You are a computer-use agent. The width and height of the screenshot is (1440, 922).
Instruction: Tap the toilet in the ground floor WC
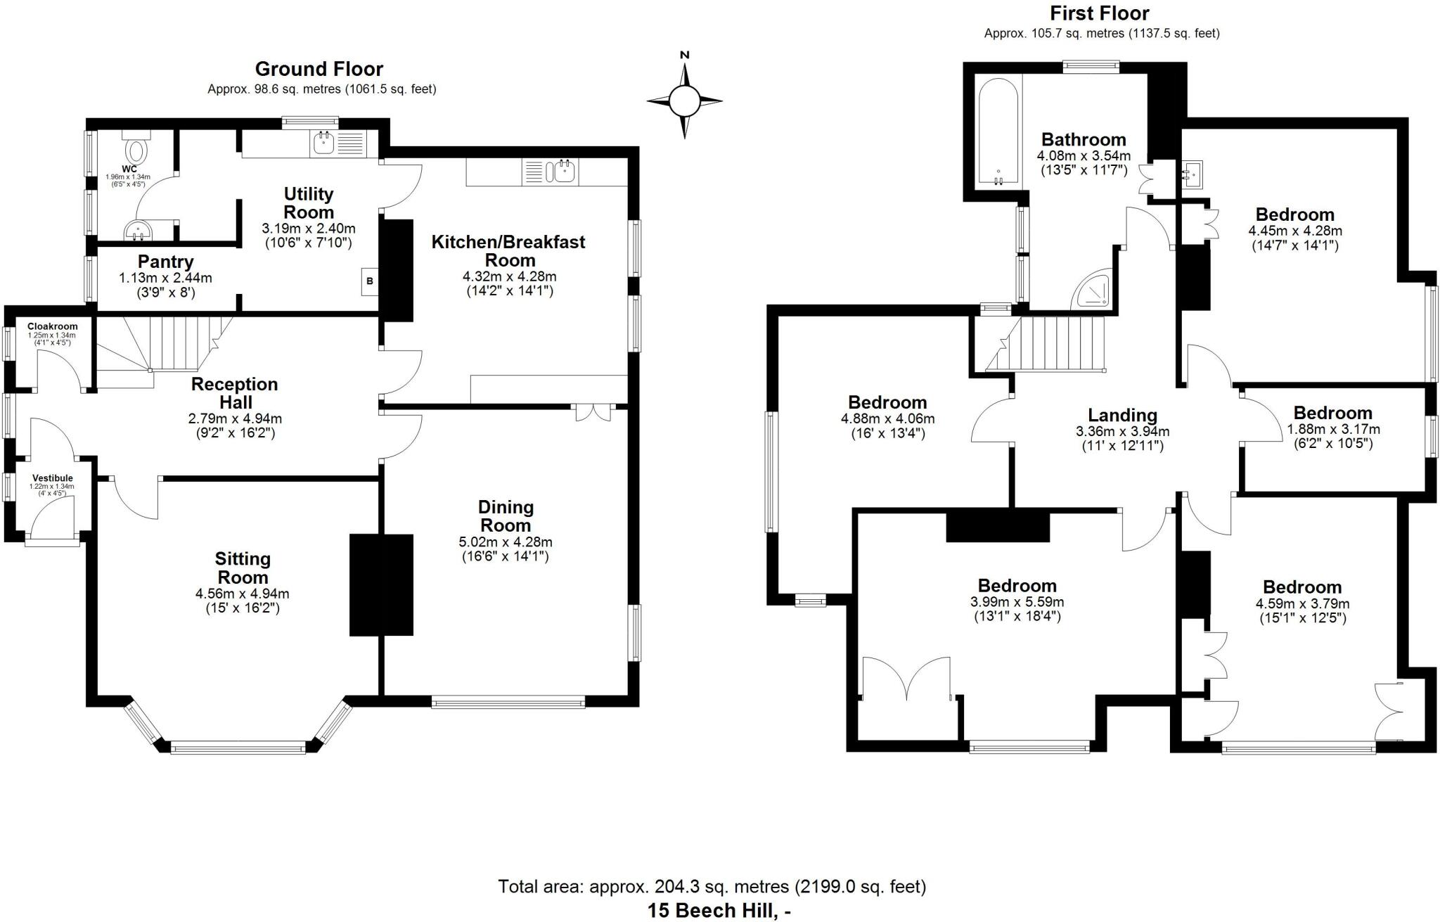(x=136, y=148)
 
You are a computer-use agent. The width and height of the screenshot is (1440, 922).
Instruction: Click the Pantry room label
(x=166, y=262)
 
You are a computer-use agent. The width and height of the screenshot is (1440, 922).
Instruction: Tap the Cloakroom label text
(x=53, y=326)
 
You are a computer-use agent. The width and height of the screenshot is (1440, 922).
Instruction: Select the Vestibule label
(x=51, y=478)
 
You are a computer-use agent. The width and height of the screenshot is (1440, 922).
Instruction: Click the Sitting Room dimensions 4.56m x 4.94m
(x=242, y=594)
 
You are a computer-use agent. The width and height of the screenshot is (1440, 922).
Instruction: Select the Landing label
(x=1122, y=415)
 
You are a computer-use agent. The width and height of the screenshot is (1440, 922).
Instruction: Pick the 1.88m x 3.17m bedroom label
(x=1332, y=413)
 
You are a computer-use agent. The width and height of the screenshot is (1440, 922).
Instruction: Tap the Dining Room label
(x=505, y=516)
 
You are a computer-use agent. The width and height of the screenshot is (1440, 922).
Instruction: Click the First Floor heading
(x=1100, y=13)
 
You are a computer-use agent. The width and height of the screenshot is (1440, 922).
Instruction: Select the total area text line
(x=712, y=887)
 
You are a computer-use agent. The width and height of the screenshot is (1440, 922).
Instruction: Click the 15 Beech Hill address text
(x=719, y=910)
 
